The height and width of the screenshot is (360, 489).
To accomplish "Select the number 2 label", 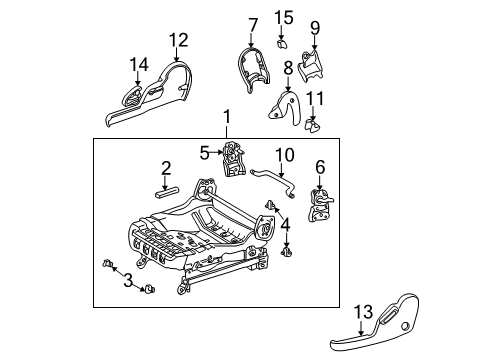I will tap(167, 168).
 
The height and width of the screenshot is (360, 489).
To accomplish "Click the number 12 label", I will tap(178, 40).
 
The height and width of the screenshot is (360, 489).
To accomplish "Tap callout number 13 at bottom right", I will tap(336, 311).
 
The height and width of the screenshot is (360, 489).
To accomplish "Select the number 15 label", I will tap(284, 16).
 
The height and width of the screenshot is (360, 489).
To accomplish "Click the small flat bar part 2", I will tap(168, 188).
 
